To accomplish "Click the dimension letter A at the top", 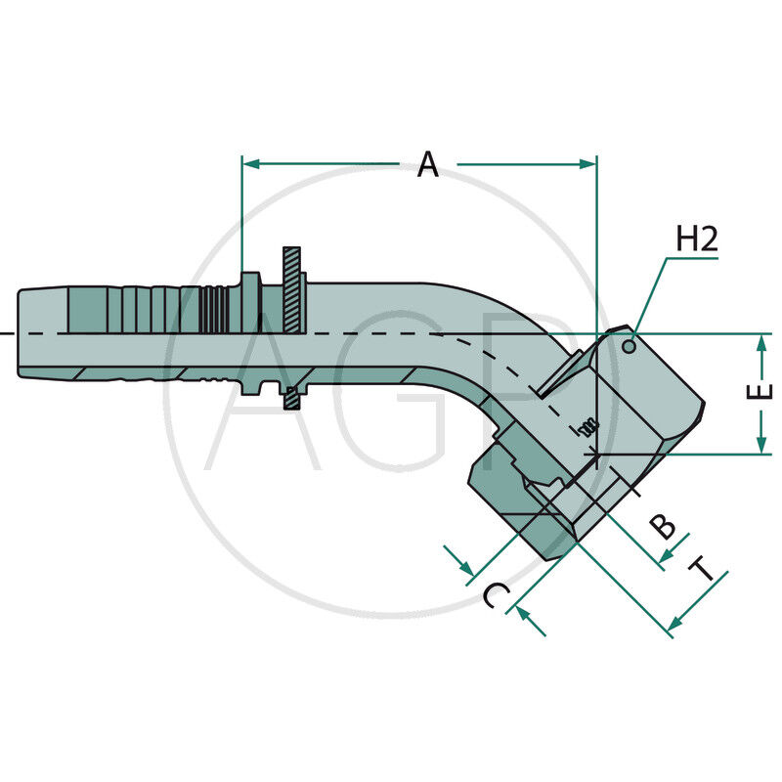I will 428,164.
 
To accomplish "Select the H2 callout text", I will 697,240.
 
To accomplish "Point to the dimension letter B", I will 664,526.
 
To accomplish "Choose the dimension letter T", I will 701,571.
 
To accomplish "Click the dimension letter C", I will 497,595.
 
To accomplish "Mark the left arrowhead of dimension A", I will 250,164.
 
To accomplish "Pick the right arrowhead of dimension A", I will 588,164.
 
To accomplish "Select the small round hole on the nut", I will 631,342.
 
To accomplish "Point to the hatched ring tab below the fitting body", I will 291,398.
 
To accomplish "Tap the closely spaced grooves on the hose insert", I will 214,312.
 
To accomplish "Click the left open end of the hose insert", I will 20,333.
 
